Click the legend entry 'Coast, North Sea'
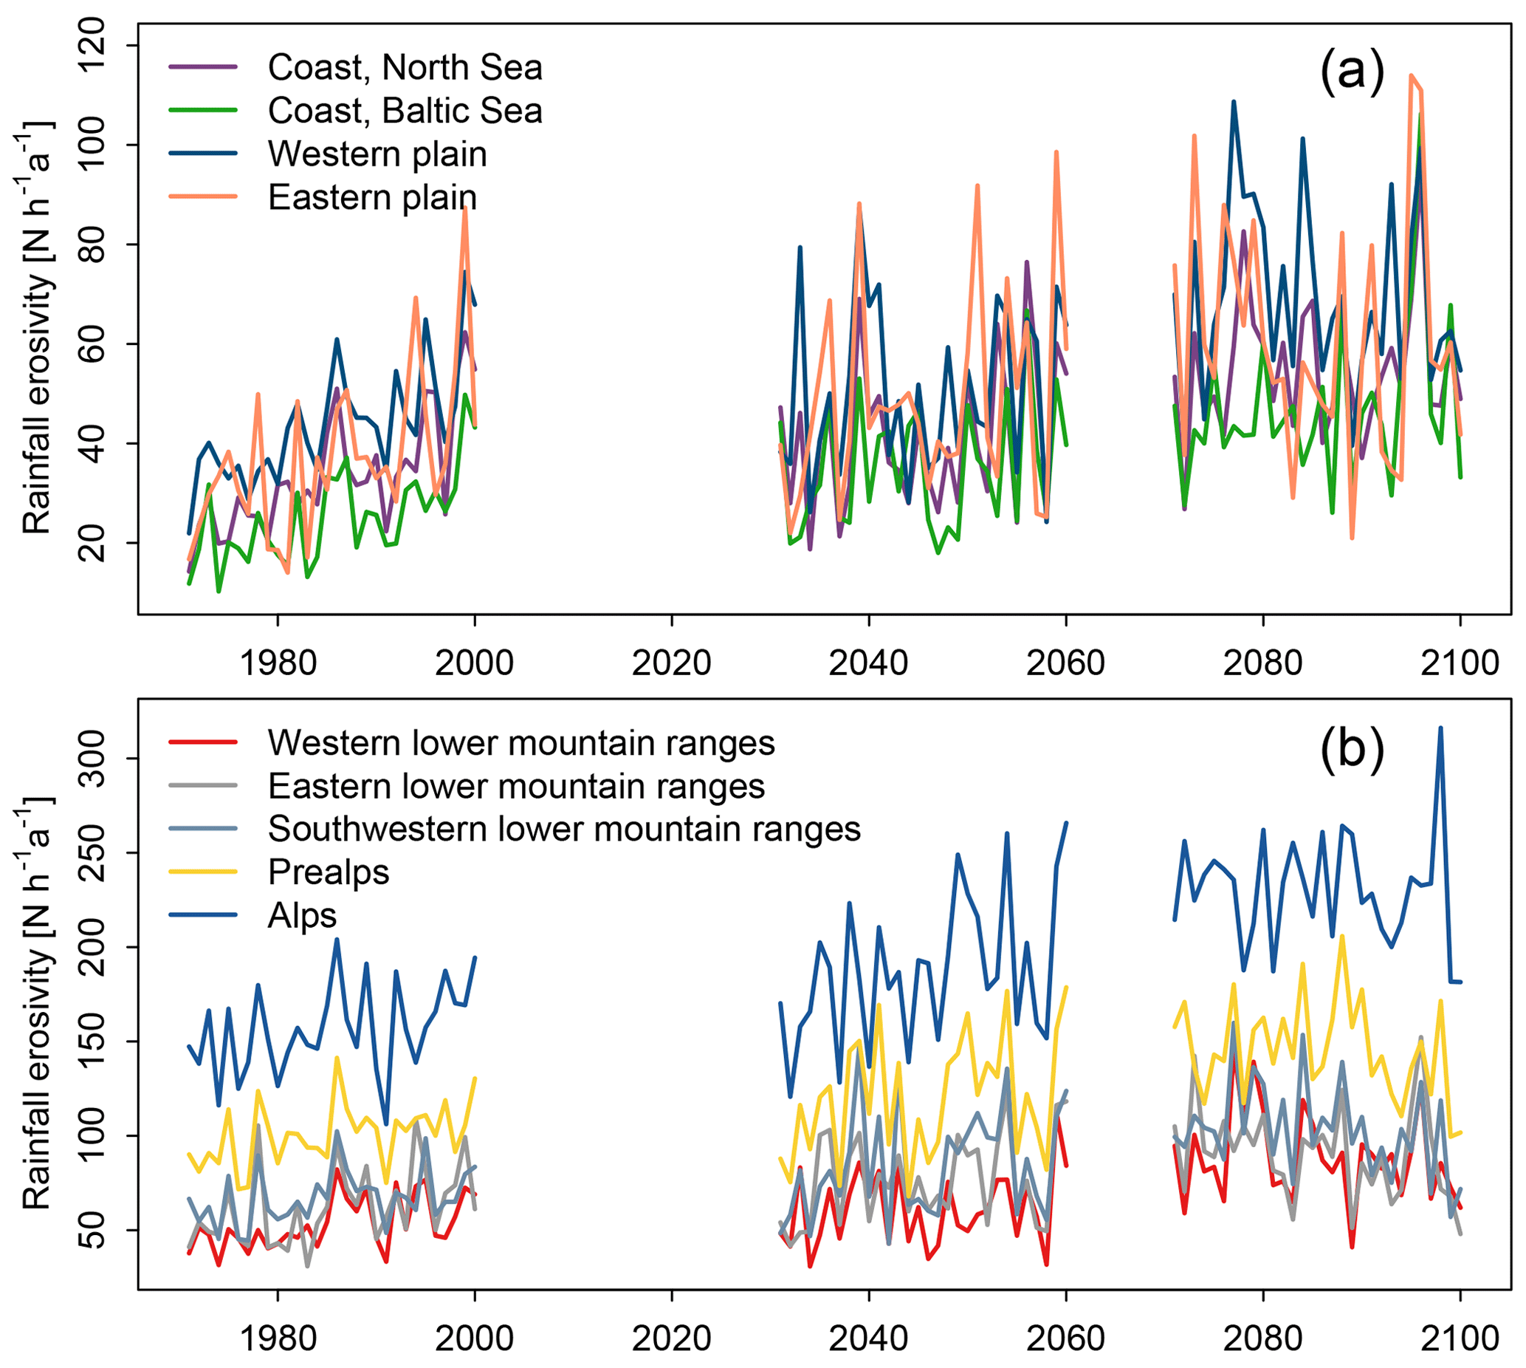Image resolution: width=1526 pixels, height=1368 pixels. (405, 68)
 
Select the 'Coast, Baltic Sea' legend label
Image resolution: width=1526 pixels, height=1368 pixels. (405, 112)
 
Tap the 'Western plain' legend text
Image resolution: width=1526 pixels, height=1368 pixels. (377, 154)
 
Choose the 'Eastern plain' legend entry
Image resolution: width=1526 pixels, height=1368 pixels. (372, 198)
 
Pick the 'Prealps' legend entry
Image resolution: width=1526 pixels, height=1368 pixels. (329, 872)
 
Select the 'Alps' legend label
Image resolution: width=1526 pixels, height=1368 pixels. (302, 915)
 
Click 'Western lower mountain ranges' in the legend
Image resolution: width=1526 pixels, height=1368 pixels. (520, 743)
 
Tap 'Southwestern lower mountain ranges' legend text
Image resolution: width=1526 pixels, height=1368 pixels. (563, 829)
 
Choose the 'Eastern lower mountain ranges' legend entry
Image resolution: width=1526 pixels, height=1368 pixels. (516, 786)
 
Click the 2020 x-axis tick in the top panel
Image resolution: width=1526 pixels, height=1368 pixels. (671, 663)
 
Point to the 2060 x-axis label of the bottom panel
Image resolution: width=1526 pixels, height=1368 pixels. (1065, 1338)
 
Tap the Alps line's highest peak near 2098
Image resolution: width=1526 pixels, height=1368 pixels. (1440, 728)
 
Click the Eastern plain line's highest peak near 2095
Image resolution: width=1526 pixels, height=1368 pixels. (1411, 75)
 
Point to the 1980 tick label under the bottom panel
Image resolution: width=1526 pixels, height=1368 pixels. (278, 1338)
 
